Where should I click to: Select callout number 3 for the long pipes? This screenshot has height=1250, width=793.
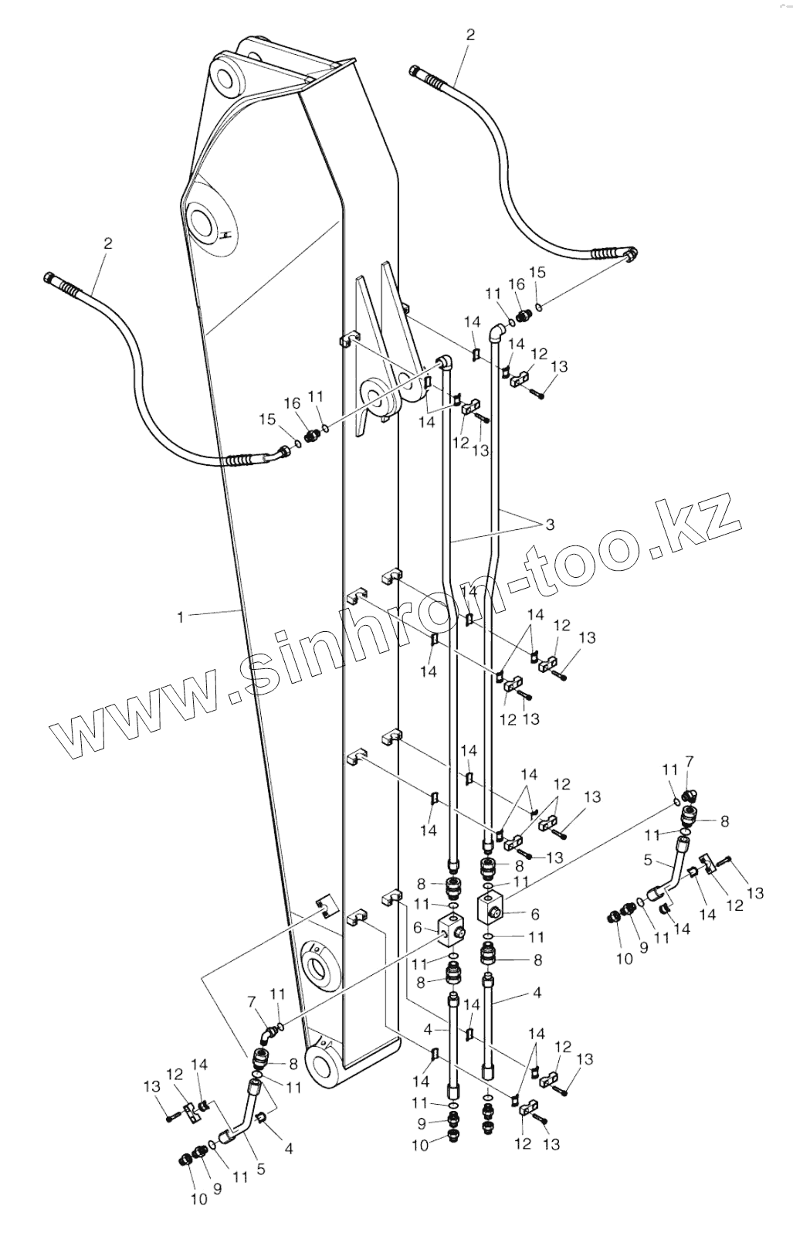550,525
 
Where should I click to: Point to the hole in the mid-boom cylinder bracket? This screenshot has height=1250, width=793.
378,399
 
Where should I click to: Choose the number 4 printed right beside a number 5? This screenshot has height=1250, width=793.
288,1148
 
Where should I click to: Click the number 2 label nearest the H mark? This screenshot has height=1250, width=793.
107,243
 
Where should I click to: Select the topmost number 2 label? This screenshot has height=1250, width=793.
471,34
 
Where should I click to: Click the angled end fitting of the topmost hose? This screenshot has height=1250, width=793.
629,254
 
